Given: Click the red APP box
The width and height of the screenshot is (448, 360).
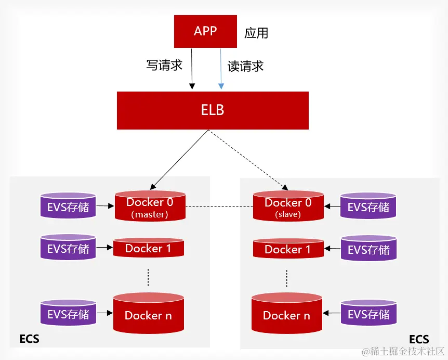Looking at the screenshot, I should [205, 31].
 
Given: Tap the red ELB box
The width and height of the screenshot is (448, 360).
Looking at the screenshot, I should [213, 110].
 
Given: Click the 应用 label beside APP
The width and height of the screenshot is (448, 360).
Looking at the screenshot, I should [256, 34].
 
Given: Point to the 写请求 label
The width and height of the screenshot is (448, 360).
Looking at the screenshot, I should [164, 66].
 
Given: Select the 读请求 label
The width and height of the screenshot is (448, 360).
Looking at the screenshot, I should [245, 66].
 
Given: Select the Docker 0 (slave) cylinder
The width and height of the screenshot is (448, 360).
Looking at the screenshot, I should [288, 207].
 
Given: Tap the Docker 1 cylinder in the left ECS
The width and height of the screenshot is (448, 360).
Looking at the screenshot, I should [148, 249].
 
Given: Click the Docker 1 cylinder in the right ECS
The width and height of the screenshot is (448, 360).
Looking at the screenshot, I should [287, 249].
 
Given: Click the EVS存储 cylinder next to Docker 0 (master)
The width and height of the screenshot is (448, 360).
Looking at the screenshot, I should [68, 207].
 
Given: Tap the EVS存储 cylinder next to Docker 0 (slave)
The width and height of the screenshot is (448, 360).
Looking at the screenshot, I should [368, 207].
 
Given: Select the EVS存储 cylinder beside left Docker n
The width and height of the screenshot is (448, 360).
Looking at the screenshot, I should [68, 314].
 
